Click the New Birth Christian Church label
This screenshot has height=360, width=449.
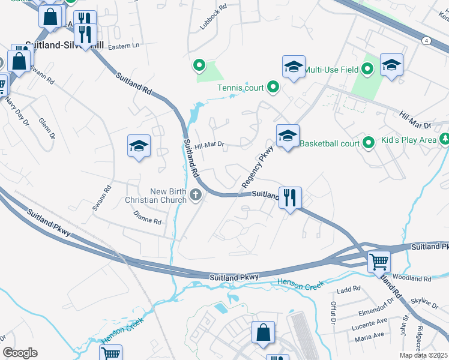156,195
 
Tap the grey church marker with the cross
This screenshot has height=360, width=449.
196,194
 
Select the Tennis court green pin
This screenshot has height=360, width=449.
273,88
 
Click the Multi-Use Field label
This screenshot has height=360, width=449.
331,70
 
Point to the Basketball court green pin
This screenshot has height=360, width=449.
369,143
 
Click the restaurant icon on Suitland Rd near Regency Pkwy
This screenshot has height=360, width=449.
290,197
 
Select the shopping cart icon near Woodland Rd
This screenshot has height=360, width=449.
379,261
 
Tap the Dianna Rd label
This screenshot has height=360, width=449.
148,221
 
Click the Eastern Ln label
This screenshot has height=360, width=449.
123,46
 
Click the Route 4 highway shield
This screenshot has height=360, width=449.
426,40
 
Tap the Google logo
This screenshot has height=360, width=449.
20,353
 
